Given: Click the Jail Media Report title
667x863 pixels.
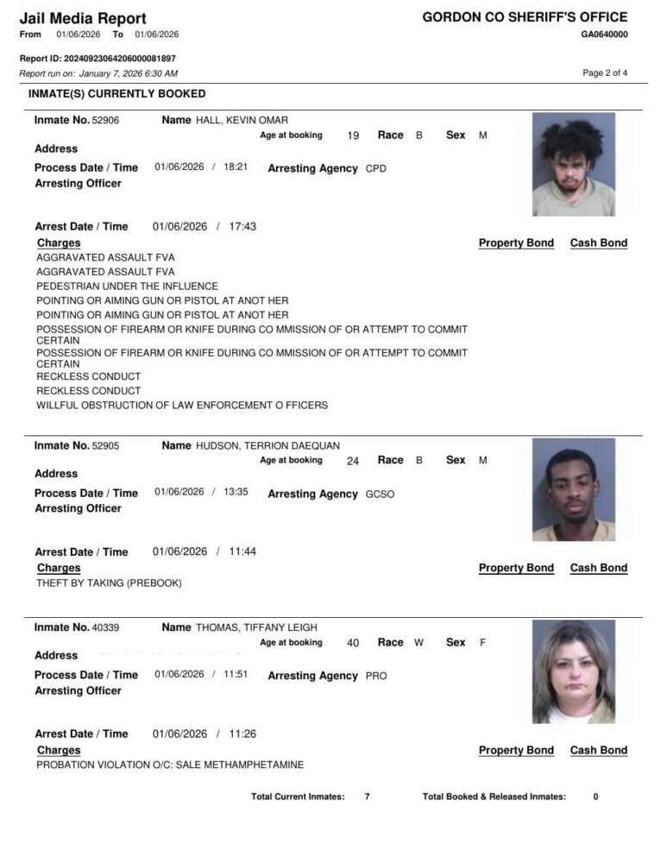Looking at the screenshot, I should tap(83, 18).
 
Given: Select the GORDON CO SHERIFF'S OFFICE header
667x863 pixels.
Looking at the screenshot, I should tap(525, 17).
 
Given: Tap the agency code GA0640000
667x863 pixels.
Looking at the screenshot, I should tap(604, 35).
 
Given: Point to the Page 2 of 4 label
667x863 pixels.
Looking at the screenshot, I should tap(605, 72).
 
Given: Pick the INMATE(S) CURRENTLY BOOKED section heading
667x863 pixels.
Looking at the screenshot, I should tap(117, 93).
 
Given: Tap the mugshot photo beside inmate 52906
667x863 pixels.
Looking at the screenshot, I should tap(573, 164).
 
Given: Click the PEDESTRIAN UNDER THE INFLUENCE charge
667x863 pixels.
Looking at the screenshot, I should tap(127, 287).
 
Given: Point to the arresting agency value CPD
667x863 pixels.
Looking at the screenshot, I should tap(375, 169).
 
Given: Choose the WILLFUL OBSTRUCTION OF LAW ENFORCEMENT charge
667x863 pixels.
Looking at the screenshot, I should tap(182, 406).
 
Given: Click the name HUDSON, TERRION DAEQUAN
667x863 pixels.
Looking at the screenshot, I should tap(268, 446).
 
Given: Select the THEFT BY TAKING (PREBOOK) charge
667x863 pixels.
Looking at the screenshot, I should tap(109, 583).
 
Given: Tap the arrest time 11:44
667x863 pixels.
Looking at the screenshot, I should tap(242, 552).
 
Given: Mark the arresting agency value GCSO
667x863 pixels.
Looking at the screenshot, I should tap(380, 494).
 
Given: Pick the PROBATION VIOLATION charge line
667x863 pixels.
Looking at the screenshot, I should tap(170, 765).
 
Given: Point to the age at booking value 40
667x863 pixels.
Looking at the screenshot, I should tap(353, 643).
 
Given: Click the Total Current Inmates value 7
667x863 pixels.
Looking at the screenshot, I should tap(367, 797).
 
